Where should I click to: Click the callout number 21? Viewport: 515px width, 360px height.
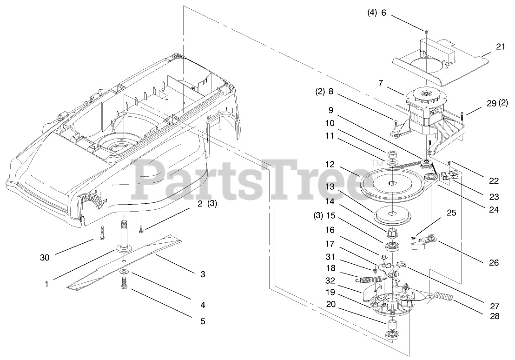click(500, 47)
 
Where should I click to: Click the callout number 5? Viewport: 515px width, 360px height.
click(203, 321)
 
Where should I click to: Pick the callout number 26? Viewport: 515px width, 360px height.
click(494, 263)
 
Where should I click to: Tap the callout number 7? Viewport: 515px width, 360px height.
click(381, 83)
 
